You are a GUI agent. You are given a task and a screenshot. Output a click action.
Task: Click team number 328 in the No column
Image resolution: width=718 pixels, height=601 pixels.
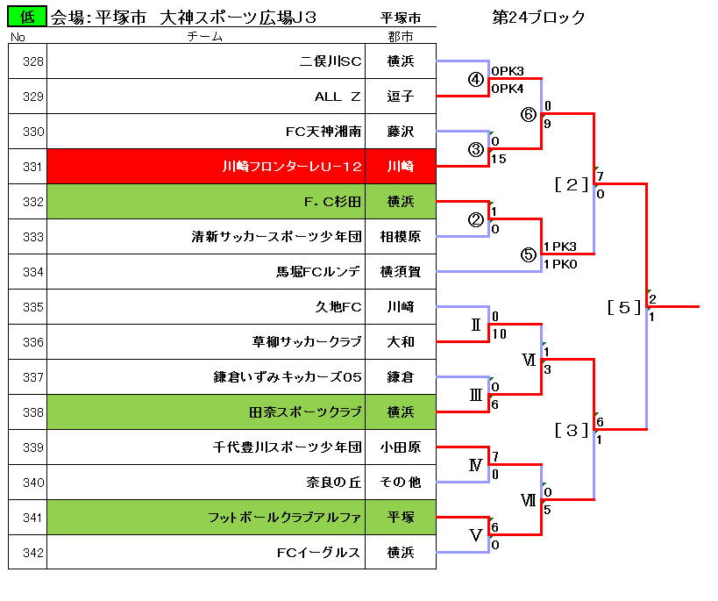(x=33, y=61)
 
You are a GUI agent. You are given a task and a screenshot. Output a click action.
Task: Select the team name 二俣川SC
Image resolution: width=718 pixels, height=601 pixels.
(x=331, y=61)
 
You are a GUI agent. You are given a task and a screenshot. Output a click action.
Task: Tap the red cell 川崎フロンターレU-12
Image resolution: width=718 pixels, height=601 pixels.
(x=206, y=167)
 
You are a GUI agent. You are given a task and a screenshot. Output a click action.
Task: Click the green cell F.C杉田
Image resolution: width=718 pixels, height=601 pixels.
(x=206, y=202)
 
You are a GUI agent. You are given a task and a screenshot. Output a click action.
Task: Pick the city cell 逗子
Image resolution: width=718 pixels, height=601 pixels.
(x=401, y=97)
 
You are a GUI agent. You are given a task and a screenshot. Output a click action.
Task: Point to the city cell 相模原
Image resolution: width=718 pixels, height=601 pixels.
(x=401, y=237)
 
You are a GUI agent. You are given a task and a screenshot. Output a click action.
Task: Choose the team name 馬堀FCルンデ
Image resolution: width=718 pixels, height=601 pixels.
(x=317, y=272)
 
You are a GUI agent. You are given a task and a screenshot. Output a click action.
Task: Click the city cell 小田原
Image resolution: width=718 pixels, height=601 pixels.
(x=401, y=447)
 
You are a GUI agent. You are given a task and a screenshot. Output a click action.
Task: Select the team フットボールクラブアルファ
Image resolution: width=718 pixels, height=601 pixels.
(x=284, y=518)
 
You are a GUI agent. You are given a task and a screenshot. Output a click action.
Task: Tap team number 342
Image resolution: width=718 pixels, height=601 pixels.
(x=33, y=553)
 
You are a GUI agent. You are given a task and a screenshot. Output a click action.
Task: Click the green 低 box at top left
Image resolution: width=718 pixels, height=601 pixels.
(x=27, y=17)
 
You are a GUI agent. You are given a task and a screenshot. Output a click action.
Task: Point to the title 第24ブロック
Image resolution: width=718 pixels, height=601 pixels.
(x=538, y=18)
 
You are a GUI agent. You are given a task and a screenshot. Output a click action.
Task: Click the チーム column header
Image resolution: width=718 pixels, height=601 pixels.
(x=204, y=37)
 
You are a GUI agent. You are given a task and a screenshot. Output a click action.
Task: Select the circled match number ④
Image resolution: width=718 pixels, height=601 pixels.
(x=476, y=79)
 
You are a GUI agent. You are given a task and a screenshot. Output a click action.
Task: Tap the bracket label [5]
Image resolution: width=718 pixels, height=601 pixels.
(x=623, y=307)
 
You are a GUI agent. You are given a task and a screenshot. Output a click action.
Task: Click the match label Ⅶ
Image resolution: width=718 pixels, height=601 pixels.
(x=528, y=500)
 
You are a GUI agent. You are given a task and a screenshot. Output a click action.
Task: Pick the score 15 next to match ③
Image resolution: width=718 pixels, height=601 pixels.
(x=499, y=159)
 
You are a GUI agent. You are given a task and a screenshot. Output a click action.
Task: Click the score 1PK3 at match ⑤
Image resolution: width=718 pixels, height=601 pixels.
(x=560, y=247)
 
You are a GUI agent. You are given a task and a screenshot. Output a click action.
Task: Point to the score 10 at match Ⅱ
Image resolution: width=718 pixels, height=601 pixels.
(x=499, y=334)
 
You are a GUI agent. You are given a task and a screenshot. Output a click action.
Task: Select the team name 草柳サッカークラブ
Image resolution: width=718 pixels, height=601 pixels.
(x=307, y=342)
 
